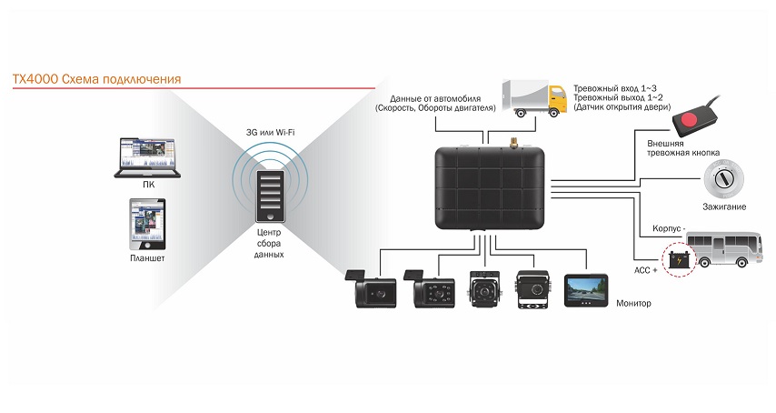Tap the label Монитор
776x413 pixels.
[x=633, y=303]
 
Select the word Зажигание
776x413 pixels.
[x=724, y=207]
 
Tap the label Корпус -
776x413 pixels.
[x=671, y=228]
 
